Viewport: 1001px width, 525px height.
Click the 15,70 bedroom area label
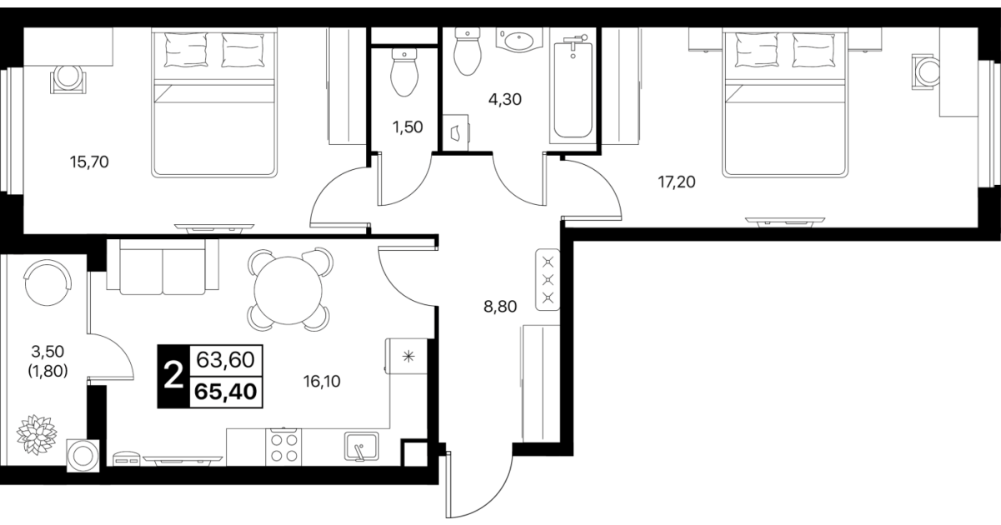click(x=89, y=162)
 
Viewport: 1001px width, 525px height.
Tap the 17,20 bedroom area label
click(x=677, y=182)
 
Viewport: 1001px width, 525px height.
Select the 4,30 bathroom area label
click(x=505, y=99)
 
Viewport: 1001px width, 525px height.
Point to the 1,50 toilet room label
click(x=408, y=127)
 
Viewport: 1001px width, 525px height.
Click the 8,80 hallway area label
click(x=500, y=307)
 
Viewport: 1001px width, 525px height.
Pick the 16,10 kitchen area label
click(x=322, y=381)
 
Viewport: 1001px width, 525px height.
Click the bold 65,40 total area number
click(x=226, y=392)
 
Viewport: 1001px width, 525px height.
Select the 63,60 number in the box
click(x=226, y=359)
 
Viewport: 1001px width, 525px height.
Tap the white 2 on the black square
click(x=174, y=376)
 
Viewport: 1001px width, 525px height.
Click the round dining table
click(x=288, y=290)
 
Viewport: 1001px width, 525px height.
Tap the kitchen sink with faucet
click(x=362, y=446)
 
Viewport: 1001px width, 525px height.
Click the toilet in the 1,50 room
click(x=404, y=72)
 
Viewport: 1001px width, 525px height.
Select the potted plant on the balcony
click(x=37, y=435)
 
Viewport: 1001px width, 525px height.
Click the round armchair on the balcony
click(x=48, y=282)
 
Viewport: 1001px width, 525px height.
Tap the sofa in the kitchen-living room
click(x=163, y=267)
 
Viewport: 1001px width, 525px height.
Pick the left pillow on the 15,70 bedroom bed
click(x=186, y=50)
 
